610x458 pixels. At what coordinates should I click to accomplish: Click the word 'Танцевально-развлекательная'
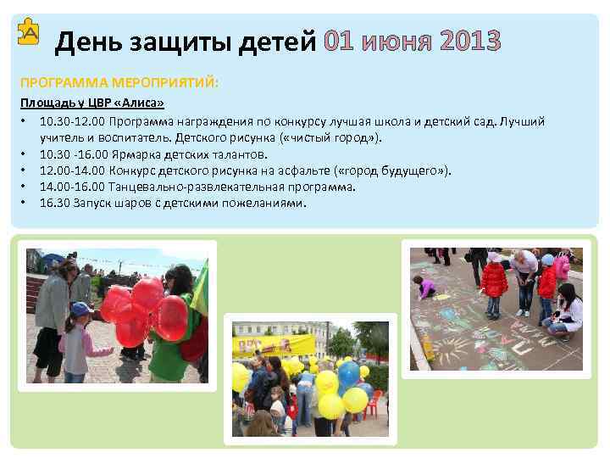(183, 187)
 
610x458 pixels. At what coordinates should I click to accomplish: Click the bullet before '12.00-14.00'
(25, 170)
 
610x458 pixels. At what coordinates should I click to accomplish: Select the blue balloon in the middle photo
(348, 373)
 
